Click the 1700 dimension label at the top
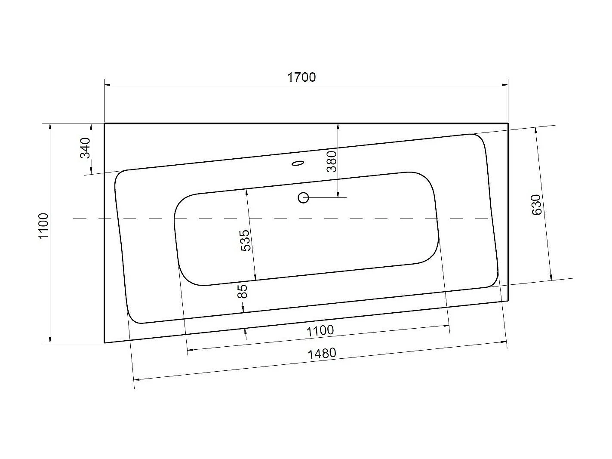click(301, 77)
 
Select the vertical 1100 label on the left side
click(44, 227)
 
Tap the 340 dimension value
click(86, 148)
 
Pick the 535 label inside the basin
click(244, 240)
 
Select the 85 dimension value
click(243, 292)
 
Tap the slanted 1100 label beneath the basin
click(320, 330)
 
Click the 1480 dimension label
click(322, 354)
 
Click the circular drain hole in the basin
click(303, 198)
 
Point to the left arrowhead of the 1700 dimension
click(108, 85)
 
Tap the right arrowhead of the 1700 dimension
click(505, 85)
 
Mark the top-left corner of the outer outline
click(105, 124)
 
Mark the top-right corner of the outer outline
click(508, 124)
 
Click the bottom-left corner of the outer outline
click(105, 343)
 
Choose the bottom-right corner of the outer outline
click(508, 301)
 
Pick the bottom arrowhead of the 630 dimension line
click(550, 277)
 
